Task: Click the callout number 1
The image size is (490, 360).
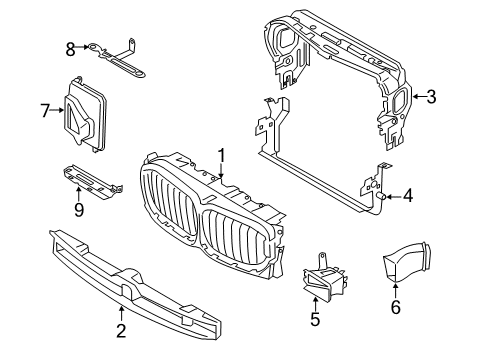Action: coord(222,156)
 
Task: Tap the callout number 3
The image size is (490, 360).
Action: coord(431,97)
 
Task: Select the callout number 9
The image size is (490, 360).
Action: coord(79,210)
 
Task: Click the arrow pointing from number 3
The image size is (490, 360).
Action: coord(416,97)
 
